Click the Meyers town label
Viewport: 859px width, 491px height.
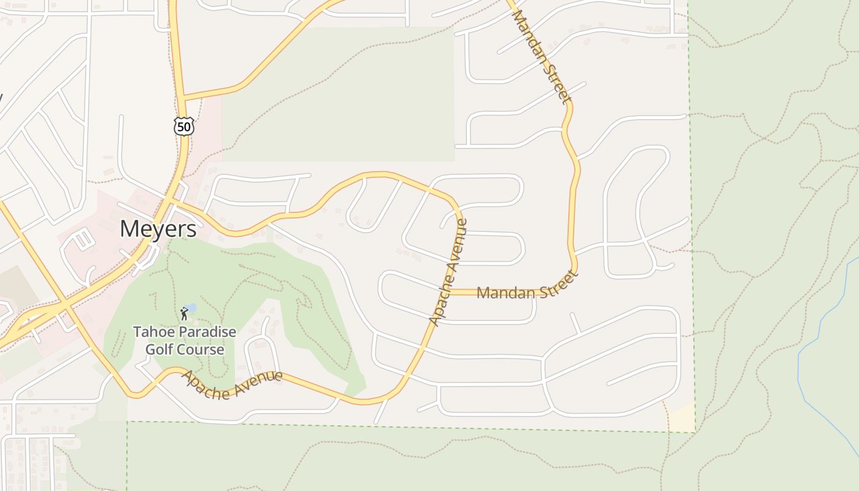coord(158,229)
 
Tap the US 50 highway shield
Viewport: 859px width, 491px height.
coord(184,126)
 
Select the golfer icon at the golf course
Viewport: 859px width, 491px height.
coord(184,314)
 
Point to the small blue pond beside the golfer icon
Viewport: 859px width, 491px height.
coord(191,307)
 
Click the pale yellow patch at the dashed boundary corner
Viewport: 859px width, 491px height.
coord(681,417)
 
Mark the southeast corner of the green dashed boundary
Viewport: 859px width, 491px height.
coord(695,432)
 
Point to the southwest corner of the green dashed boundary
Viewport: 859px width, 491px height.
coord(128,422)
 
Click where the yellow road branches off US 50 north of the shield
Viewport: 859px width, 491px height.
coord(183,98)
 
